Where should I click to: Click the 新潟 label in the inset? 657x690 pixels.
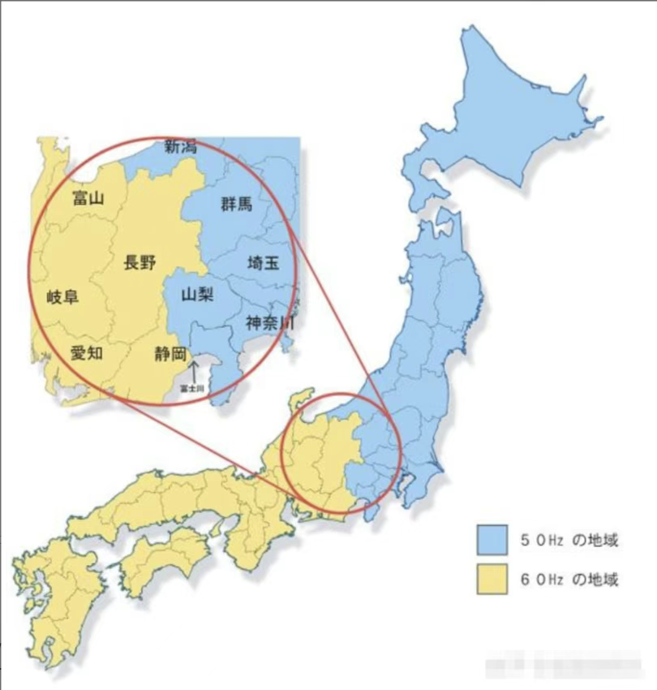[x=180, y=147]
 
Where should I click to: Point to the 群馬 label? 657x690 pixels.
[x=236, y=204]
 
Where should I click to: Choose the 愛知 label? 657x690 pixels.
[x=86, y=353]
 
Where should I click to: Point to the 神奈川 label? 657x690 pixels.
[x=269, y=323]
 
